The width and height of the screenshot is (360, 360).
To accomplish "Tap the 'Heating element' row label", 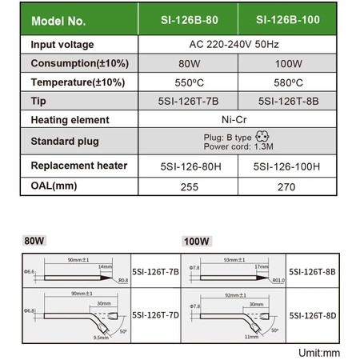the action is pos(70,120).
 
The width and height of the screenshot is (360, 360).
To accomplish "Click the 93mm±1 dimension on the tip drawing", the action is pos(237,260).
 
